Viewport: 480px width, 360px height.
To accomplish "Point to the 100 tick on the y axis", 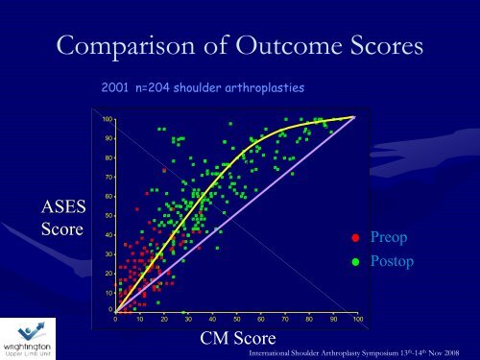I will click(x=108, y=119).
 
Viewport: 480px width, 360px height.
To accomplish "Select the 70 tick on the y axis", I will click(x=108, y=178).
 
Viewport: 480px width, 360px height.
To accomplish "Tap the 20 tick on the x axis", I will click(x=164, y=318).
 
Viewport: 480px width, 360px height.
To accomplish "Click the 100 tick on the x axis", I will click(x=357, y=318).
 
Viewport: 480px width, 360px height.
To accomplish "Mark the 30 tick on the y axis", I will click(x=108, y=254).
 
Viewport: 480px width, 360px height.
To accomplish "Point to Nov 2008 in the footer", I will click(x=453, y=352).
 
